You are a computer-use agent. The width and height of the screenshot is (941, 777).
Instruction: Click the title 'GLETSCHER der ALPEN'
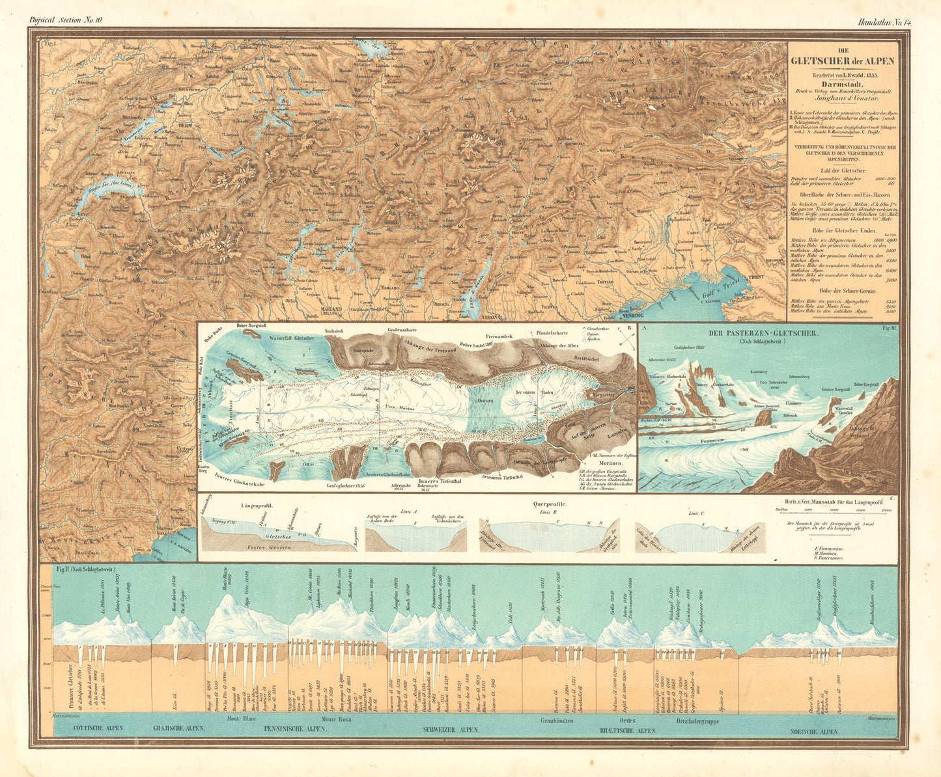tap(842, 62)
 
